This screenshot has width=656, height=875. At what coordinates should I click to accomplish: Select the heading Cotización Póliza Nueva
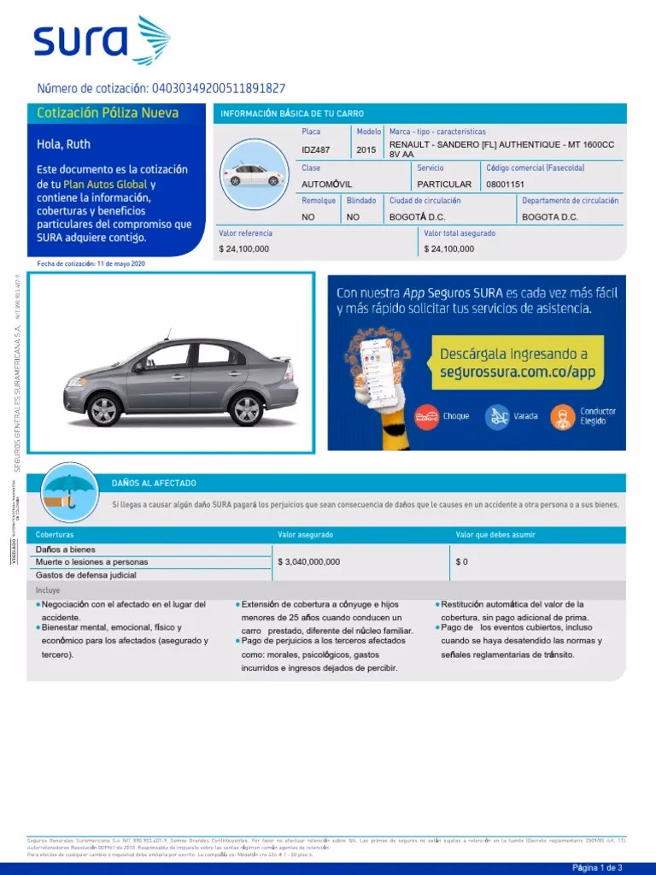click(x=108, y=114)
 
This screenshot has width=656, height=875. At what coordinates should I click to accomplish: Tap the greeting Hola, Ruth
click(x=63, y=144)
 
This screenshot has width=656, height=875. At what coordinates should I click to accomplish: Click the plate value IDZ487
click(x=315, y=150)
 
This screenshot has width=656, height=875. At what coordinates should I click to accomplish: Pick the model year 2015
click(x=366, y=150)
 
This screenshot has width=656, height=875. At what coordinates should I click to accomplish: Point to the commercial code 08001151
click(x=505, y=185)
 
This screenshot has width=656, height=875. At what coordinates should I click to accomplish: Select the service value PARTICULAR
click(x=444, y=185)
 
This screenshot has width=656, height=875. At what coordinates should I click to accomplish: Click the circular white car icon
click(x=253, y=174)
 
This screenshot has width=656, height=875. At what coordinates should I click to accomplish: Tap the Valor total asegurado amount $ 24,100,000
click(x=449, y=249)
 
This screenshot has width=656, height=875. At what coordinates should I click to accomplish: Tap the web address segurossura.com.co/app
click(x=517, y=373)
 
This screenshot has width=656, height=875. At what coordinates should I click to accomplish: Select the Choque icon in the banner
click(x=425, y=416)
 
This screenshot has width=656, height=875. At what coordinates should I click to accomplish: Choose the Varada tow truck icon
click(x=497, y=416)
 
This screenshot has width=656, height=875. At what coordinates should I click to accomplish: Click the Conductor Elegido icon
click(x=563, y=416)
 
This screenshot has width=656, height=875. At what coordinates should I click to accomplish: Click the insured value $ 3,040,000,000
click(x=309, y=561)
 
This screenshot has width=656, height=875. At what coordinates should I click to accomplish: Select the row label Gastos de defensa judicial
click(x=86, y=575)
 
